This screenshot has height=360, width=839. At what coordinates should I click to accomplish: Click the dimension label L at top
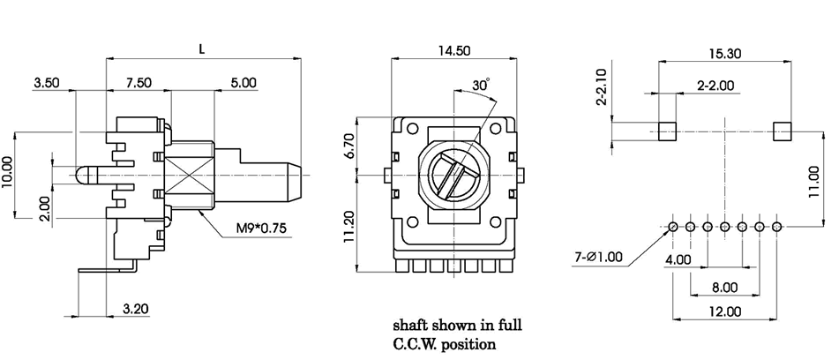[x=202, y=50]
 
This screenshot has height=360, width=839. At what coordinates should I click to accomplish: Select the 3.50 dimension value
[x=46, y=83]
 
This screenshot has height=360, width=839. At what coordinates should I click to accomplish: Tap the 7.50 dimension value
[x=139, y=83]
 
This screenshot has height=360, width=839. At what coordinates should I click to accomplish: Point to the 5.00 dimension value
[x=243, y=83]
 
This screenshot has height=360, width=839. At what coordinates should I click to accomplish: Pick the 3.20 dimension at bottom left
[x=135, y=309]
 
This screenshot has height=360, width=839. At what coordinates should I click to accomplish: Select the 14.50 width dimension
[x=453, y=51]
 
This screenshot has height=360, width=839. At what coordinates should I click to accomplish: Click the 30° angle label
[x=482, y=86]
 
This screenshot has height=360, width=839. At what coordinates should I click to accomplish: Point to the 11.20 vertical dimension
[x=348, y=225]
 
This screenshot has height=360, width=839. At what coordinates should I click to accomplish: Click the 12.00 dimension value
[x=726, y=311]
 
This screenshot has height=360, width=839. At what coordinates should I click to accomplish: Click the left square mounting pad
[x=668, y=131]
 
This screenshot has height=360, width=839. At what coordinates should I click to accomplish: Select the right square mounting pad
[x=781, y=131]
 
